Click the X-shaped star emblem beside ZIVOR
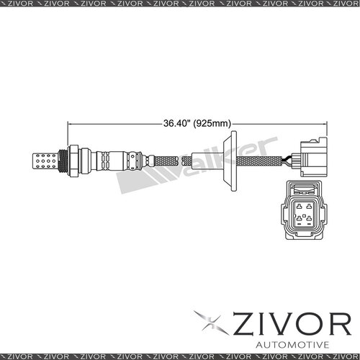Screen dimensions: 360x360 tap(210, 324)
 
